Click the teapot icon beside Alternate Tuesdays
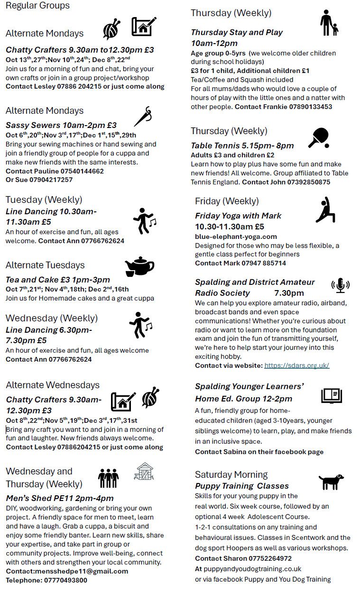[139, 266]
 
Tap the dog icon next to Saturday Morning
[331, 482]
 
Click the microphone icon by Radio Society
[340, 285]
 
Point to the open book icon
[332, 395]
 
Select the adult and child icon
[329, 23]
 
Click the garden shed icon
[144, 471]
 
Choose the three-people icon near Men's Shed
[108, 478]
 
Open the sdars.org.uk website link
[296, 365]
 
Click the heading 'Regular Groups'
[37, 6]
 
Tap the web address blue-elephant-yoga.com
[236, 237]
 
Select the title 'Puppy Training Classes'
[242, 486]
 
